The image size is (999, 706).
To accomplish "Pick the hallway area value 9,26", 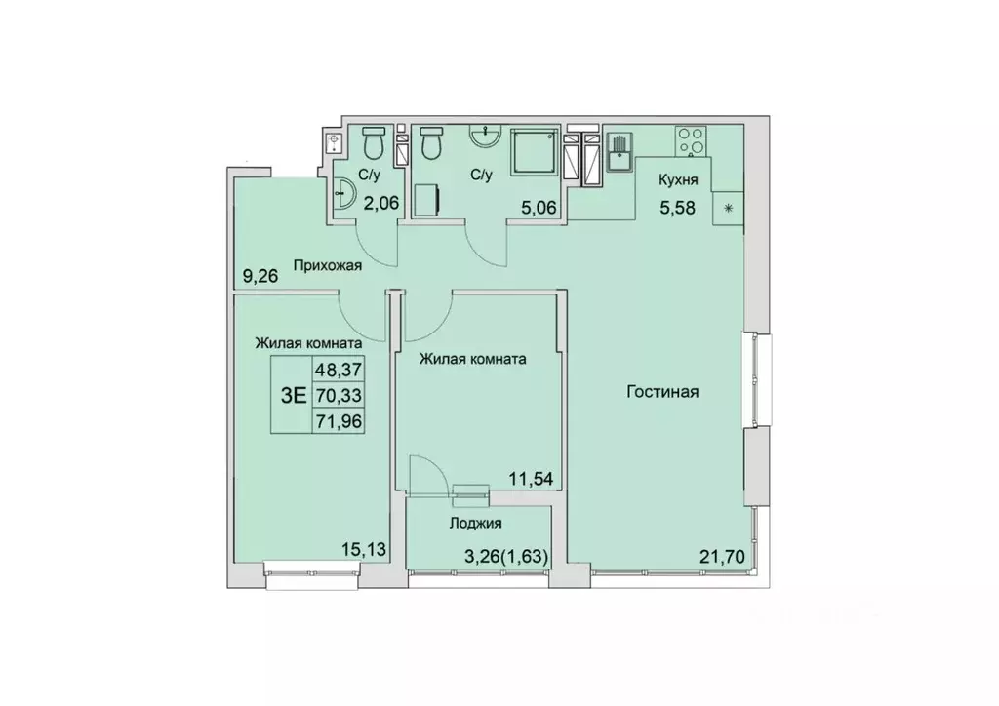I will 260,275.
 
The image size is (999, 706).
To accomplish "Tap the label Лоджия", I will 475,523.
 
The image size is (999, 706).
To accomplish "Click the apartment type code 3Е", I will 293,395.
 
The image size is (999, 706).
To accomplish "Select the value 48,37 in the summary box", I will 335,370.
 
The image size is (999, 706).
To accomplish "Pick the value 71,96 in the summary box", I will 335,421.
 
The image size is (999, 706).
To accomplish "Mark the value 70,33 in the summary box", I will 335,395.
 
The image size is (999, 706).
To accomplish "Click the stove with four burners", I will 692,142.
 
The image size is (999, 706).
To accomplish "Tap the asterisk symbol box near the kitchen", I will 728,207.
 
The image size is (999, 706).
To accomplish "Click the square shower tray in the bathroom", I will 535,154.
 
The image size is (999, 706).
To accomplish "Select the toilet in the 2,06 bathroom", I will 372,146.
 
